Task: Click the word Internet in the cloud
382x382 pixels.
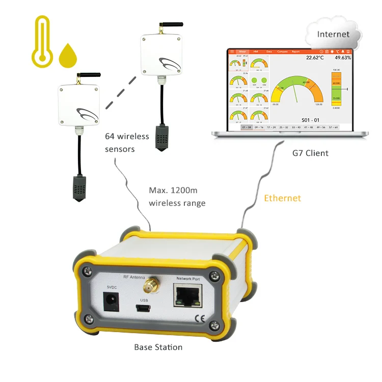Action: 333,35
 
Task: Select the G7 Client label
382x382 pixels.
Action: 310,153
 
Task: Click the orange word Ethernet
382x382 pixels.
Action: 282,198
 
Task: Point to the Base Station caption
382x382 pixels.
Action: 158,347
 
